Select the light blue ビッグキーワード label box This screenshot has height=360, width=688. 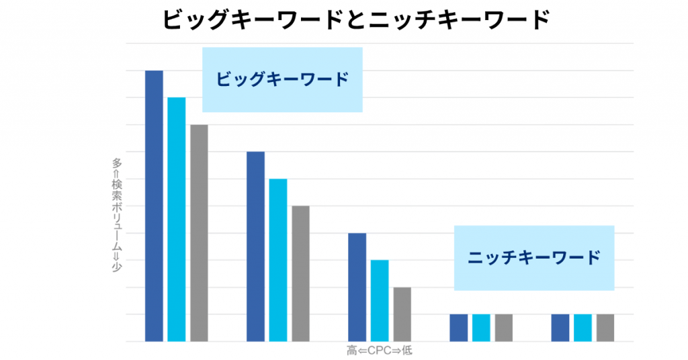282,79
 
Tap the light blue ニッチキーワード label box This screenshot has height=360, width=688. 534,257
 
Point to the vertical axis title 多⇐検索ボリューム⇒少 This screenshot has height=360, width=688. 117,215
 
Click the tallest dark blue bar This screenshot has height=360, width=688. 154,206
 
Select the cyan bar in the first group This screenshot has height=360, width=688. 177,219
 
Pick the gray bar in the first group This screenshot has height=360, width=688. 199,232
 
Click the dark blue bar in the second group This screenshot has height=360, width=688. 255,246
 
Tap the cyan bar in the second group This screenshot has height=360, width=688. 278,260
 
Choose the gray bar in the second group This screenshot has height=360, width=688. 300,273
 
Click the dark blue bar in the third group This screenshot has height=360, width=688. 357,287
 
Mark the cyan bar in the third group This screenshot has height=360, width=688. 380,300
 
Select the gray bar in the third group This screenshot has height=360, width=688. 402,314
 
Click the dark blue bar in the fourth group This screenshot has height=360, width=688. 458,328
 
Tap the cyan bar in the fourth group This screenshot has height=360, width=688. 481,328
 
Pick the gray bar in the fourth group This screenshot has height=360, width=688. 503,328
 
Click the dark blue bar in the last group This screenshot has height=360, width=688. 560,328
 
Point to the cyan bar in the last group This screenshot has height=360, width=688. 583,328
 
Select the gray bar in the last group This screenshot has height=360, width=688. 605,328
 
